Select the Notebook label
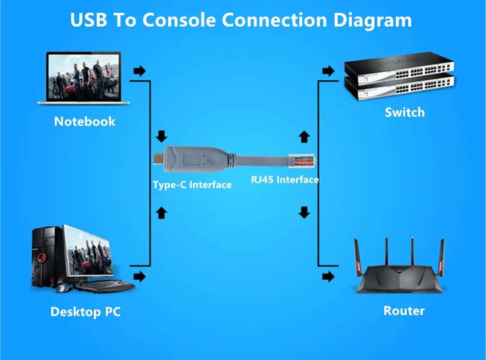pos(85,122)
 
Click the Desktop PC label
pos(85,311)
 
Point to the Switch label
pos(405,112)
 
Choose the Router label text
pos(404,310)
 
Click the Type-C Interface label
pos(192,185)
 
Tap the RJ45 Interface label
pos(285,179)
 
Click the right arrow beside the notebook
pos(139,71)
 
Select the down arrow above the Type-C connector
pos(162,137)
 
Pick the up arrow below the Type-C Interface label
pos(162,212)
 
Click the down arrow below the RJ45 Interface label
pos(304,212)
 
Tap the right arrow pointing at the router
pos(328,277)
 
